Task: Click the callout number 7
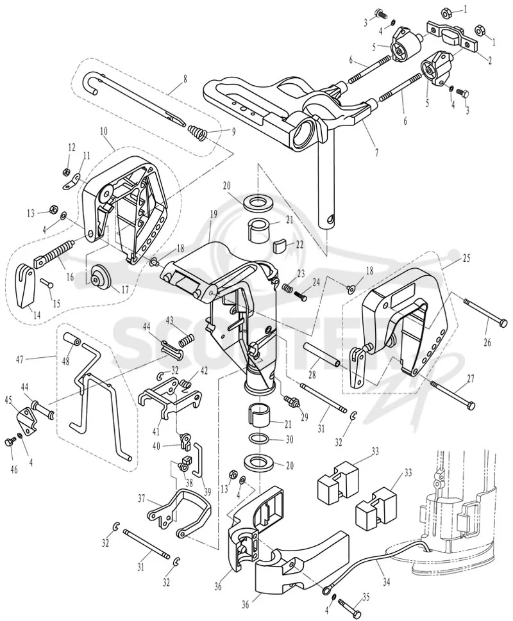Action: tap(376, 152)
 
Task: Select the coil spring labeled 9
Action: tap(198, 132)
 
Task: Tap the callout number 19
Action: tap(214, 215)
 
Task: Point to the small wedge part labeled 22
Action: tap(280, 246)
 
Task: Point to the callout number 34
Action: tap(387, 582)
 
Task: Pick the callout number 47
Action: tap(21, 360)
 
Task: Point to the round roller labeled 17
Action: tap(99, 277)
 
